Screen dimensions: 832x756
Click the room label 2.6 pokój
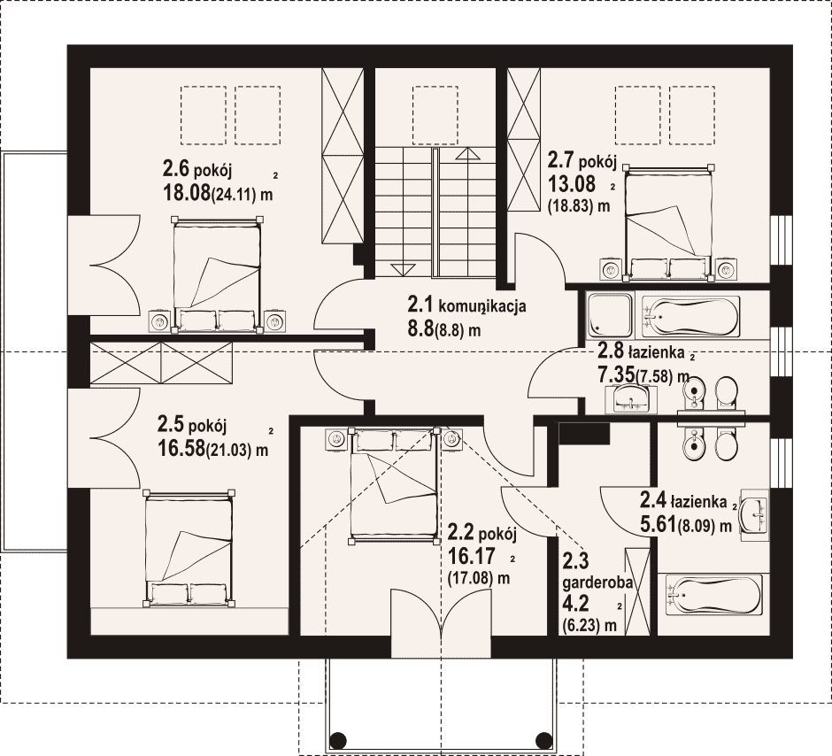196,170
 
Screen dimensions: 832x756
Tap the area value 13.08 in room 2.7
571,183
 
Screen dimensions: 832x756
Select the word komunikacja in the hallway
482,306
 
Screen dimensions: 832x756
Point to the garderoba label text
597,582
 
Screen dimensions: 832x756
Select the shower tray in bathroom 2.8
610,316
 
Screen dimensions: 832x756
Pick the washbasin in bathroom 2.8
631,399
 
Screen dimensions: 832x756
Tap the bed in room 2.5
189,547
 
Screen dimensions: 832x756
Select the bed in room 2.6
217,274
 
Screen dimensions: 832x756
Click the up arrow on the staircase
467,154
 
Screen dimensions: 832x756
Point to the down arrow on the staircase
404,269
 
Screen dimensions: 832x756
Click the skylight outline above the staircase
435,115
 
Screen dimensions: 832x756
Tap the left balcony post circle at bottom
338,739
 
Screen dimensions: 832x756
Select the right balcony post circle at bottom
544,739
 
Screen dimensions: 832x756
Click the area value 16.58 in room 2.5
181,448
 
